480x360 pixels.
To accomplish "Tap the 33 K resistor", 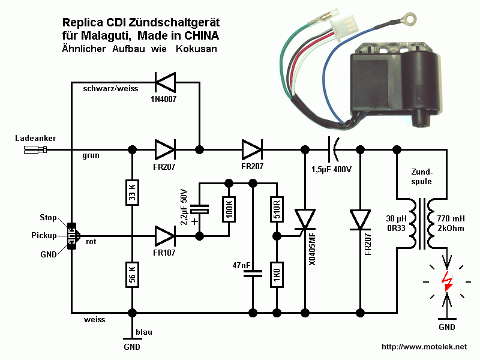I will click(x=132, y=192).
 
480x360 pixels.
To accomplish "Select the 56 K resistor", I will click(x=132, y=277).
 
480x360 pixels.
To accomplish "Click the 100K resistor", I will click(x=229, y=209).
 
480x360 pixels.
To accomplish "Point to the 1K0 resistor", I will click(x=277, y=274).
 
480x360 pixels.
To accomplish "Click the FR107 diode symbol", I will click(x=165, y=236).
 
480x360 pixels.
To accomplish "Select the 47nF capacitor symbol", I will click(x=253, y=273).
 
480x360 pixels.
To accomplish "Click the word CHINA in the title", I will click(x=200, y=36).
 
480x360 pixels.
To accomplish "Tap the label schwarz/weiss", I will click(x=110, y=89).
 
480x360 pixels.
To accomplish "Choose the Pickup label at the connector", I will click(x=45, y=235).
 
